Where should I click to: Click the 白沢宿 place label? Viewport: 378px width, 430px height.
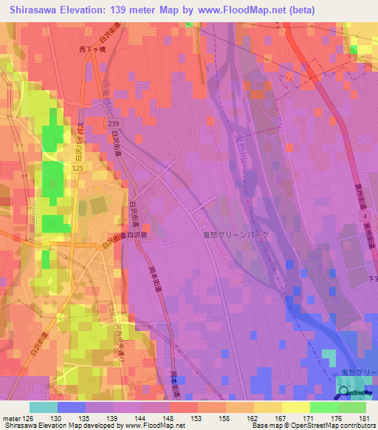click(x=136, y=235)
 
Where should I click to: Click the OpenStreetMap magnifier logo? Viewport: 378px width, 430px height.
click(x=345, y=392)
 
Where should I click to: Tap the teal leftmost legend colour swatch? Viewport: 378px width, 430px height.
click(x=44, y=407)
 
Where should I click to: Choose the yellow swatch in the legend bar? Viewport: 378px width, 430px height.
click(x=295, y=407)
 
